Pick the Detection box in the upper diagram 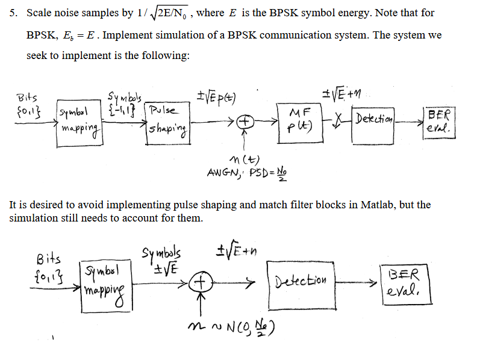(x=373, y=117)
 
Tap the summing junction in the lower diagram (x=201, y=282)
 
